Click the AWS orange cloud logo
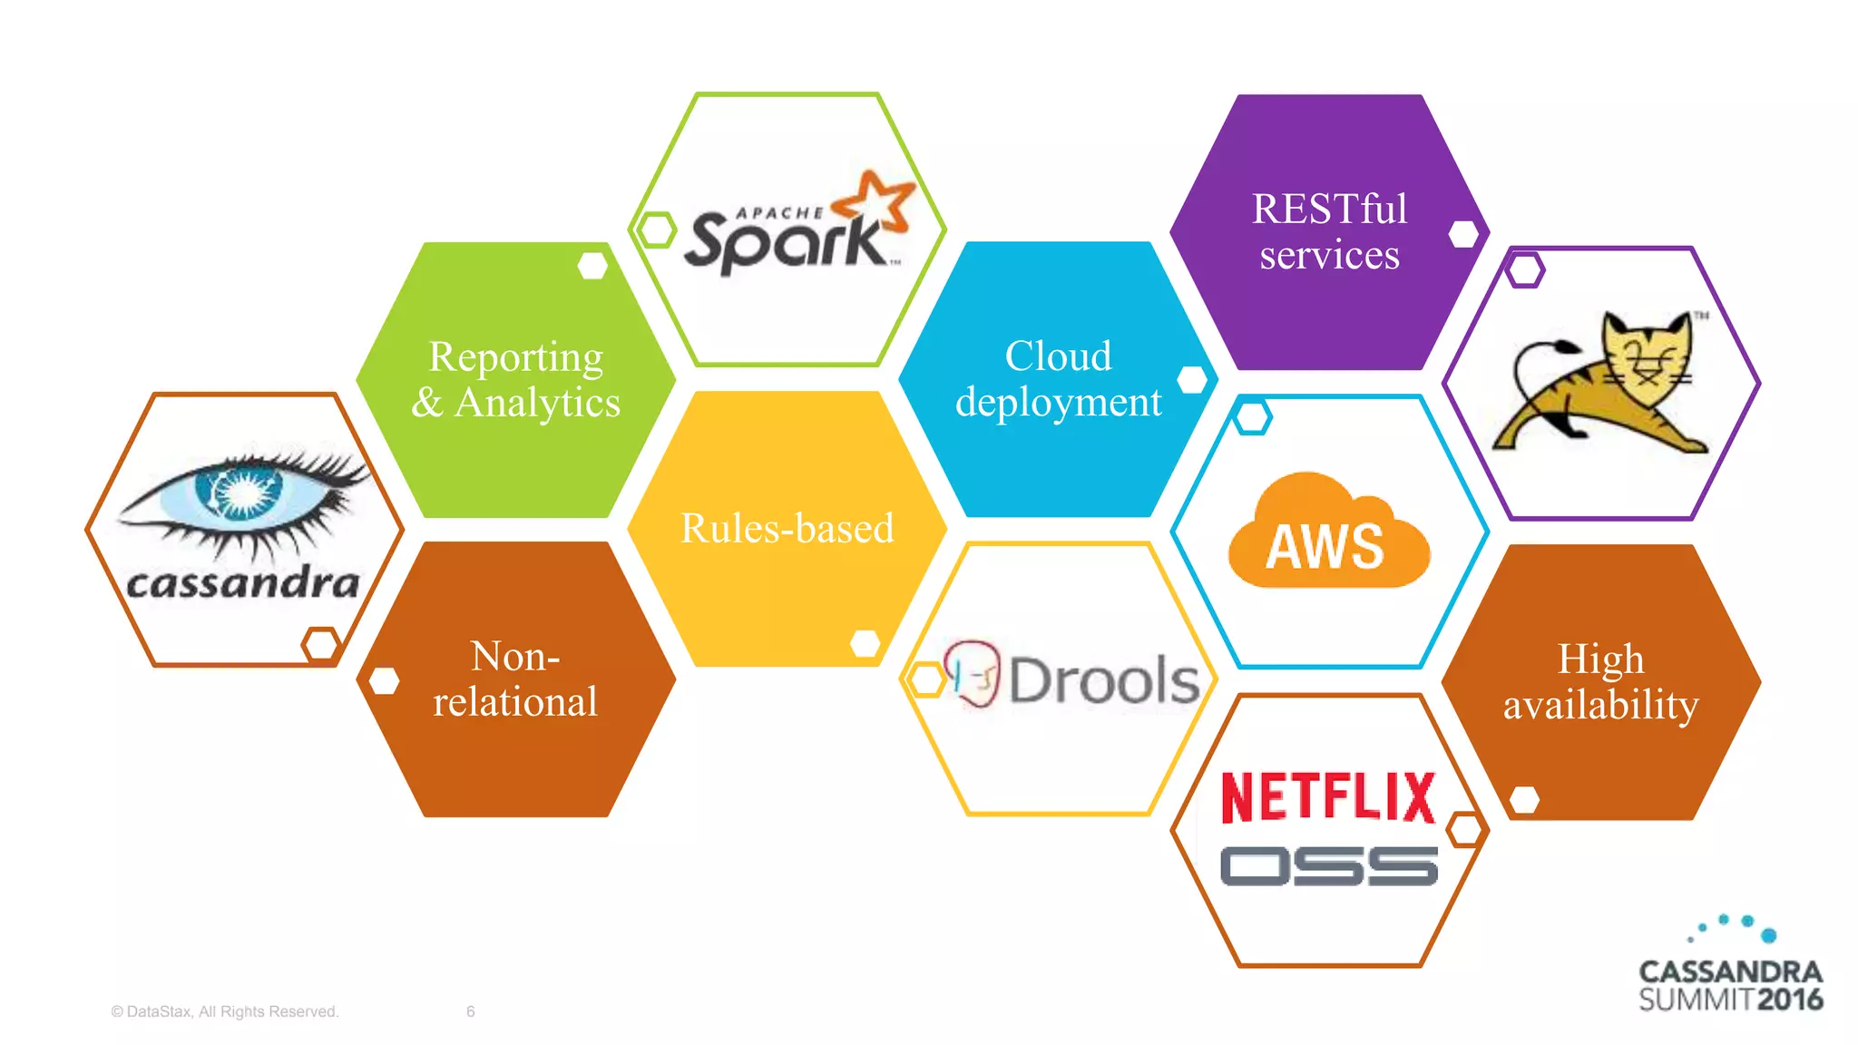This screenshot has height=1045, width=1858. [1327, 535]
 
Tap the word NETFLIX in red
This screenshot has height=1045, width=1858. [1328, 797]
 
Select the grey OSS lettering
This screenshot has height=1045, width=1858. [1328, 866]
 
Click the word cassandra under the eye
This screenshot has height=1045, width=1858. [243, 583]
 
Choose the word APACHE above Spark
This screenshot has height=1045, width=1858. [779, 213]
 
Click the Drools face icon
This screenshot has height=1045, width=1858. [971, 673]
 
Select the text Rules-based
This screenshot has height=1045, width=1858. [787, 528]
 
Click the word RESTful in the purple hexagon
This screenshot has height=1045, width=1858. [1329, 209]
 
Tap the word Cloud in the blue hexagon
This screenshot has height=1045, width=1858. [1058, 356]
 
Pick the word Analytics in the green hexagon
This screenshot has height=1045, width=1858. [537, 403]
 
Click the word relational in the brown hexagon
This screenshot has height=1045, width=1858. [515, 701]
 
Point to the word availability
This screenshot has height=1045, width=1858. [1600, 705]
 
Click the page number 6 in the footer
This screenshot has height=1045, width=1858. [470, 1011]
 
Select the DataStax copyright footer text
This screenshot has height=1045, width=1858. [224, 1011]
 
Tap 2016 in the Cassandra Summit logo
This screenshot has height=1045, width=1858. [1789, 1000]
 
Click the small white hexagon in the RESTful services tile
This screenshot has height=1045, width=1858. [1462, 234]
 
